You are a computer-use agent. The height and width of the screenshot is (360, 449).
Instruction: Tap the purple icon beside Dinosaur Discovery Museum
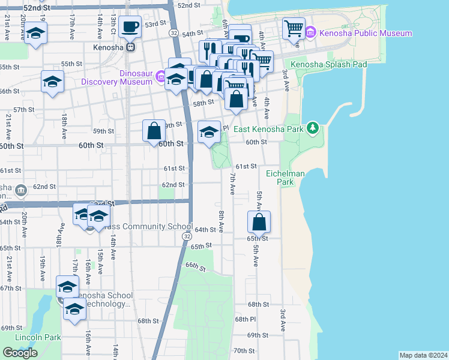click(160, 76)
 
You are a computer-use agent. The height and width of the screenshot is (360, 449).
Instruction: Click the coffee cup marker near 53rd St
click(130, 27)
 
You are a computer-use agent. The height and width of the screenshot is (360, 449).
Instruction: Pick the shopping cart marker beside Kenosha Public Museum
click(294, 28)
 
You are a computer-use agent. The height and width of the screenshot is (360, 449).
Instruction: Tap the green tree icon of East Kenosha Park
click(312, 128)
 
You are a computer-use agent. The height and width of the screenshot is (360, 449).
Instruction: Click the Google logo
click(20, 352)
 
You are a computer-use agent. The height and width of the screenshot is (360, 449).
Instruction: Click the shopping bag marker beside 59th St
click(154, 130)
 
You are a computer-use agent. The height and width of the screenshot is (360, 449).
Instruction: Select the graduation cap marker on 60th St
click(209, 132)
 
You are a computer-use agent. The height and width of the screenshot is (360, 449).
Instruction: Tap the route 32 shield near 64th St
click(187, 238)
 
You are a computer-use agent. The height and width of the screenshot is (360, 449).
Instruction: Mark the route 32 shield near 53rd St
click(173, 32)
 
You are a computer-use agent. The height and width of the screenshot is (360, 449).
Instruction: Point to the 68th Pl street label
click(246, 319)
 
